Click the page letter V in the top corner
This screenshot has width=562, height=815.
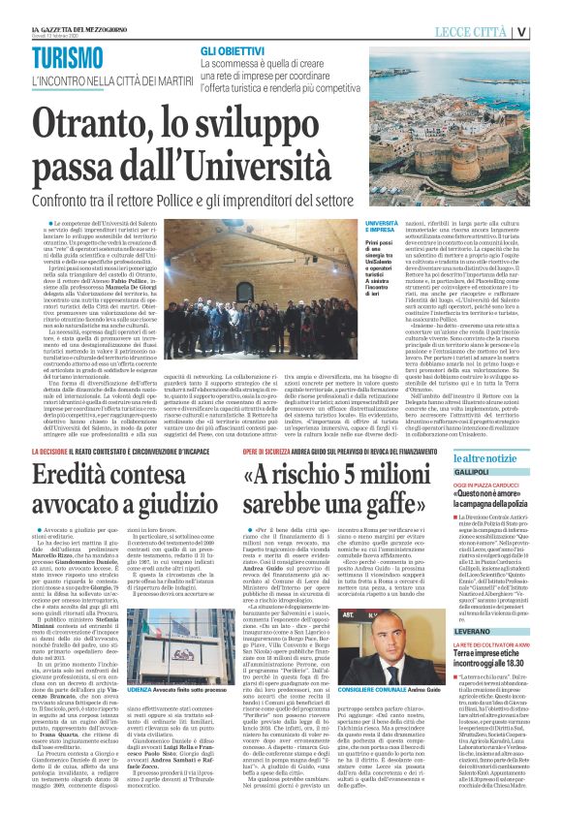tap(548, 31)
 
